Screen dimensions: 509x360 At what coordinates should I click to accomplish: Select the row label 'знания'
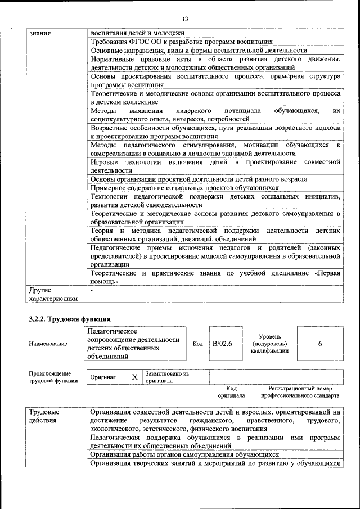40,33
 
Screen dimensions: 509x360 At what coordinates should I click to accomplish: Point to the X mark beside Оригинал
134,377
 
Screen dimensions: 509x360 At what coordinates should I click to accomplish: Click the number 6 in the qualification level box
319,344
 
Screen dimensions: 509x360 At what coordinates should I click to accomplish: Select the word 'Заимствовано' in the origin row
167,373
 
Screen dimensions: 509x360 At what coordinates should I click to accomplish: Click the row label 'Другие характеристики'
52,294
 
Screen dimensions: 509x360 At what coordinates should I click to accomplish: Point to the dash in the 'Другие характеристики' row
92,290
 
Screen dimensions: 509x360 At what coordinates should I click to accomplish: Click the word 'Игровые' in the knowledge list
104,162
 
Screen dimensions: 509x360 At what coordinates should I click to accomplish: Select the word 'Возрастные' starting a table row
110,128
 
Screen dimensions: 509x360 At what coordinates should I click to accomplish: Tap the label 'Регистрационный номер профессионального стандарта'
303,392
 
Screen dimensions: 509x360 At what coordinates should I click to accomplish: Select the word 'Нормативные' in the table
114,59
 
